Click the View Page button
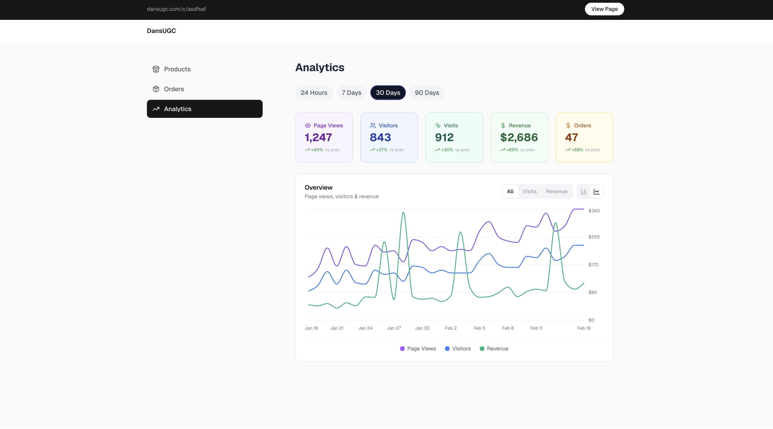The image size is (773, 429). [x=604, y=9]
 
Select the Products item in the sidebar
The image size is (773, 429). [x=177, y=69]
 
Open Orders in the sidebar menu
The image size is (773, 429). [x=174, y=89]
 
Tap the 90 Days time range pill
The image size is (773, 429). [x=427, y=93]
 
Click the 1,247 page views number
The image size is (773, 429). [x=318, y=137]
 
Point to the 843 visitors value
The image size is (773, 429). [x=380, y=137]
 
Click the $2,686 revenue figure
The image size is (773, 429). [x=519, y=137]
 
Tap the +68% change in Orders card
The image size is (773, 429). [x=577, y=150]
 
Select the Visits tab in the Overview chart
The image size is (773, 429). [x=529, y=191]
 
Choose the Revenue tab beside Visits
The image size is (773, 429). [x=556, y=191]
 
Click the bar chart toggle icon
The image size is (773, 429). [x=584, y=191]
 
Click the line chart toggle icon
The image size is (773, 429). [x=596, y=191]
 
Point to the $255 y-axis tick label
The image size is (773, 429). [x=594, y=237]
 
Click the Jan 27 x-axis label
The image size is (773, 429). [x=394, y=328]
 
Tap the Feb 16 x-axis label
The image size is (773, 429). [x=584, y=328]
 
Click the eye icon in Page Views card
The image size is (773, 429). [x=308, y=126]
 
